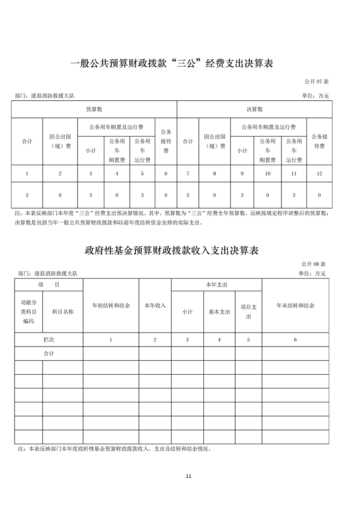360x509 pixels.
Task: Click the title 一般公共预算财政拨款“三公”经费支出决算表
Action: (173, 64)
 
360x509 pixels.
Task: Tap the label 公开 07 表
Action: (316, 81)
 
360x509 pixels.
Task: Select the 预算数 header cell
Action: (94, 109)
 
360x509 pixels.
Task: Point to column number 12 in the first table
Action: (319, 174)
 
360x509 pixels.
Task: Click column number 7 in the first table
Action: (187, 174)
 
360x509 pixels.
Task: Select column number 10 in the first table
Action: (268, 174)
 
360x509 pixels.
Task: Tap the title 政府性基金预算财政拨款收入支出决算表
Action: (172, 250)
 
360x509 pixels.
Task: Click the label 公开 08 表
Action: (313, 264)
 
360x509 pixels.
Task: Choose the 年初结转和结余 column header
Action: (111, 306)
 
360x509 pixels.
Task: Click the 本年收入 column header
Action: (155, 306)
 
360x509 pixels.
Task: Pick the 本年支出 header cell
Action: (216, 284)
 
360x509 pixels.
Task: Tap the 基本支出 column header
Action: (219, 312)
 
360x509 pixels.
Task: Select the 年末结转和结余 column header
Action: (295, 306)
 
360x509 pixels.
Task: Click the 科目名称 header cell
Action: (63, 312)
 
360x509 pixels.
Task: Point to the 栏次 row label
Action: (49, 339)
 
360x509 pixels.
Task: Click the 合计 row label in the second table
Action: (49, 353)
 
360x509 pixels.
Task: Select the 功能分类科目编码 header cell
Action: (29, 312)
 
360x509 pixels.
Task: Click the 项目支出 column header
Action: (248, 312)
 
